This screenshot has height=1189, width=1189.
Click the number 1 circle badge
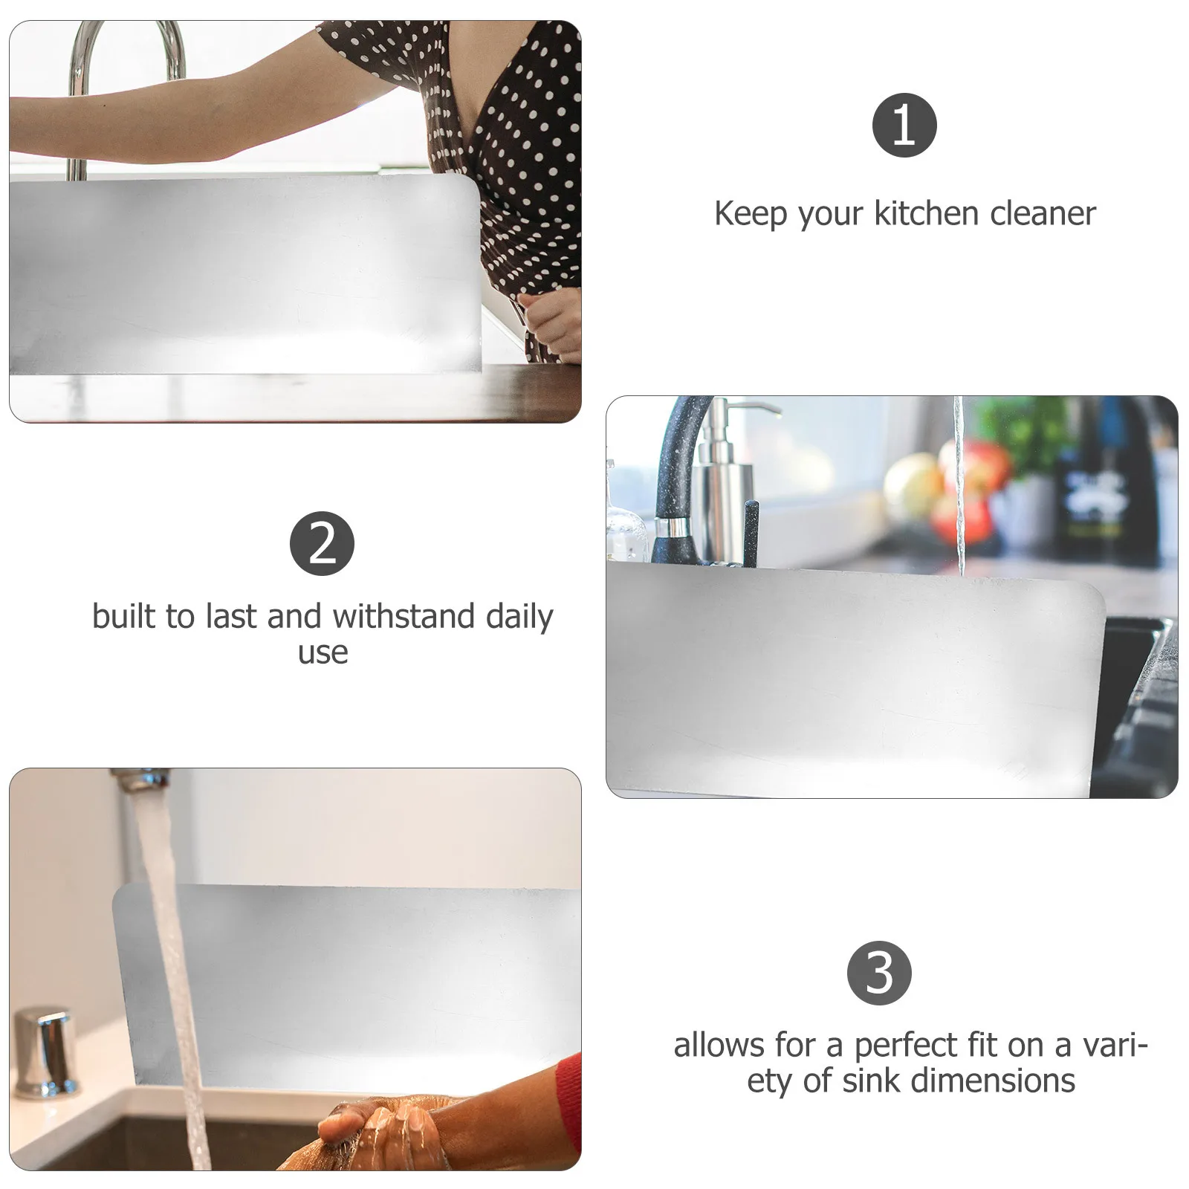click(904, 125)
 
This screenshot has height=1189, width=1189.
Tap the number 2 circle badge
click(322, 543)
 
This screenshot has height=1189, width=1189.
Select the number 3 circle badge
click(879, 973)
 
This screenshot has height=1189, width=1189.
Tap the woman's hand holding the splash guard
click(550, 320)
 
